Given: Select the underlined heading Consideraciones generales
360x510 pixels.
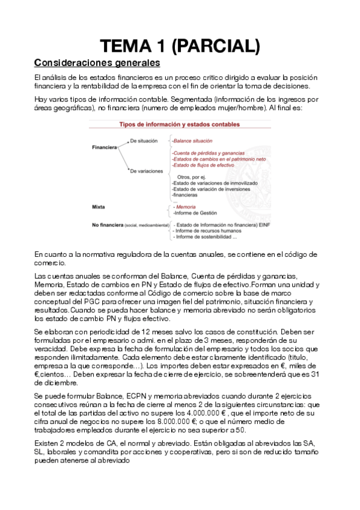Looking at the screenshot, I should tap(97, 63).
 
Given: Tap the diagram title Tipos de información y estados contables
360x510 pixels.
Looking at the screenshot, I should tap(180, 124).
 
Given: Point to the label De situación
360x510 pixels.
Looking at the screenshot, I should tap(144, 141).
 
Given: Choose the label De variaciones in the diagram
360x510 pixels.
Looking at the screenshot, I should tap(146, 171).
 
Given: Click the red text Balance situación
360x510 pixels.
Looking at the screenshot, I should tap(193, 141).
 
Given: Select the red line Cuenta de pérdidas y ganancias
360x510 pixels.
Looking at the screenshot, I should tap(203, 153).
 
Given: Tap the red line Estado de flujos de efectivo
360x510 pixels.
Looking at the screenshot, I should tap(202, 165).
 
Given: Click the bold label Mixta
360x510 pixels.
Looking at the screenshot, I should tap(98, 206).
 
